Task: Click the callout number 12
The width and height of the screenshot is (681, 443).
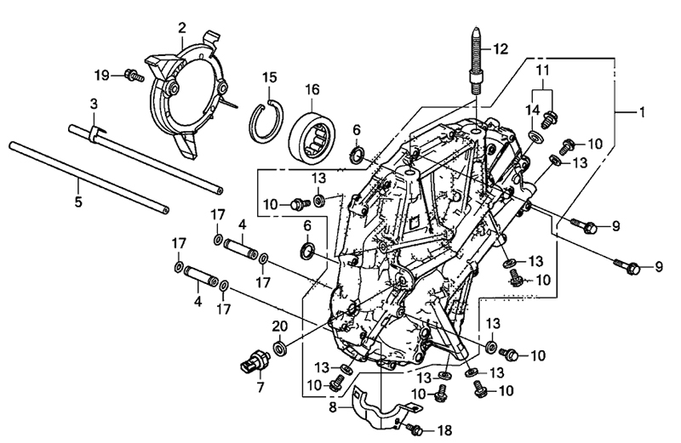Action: pyautogui.click(x=499, y=48)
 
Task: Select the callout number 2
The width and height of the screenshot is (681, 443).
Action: pyautogui.click(x=181, y=28)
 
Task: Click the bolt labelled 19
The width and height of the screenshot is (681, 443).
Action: pyautogui.click(x=133, y=75)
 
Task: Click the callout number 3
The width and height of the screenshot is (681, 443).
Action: pyautogui.click(x=94, y=103)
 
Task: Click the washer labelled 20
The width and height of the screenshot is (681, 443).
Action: pyautogui.click(x=280, y=349)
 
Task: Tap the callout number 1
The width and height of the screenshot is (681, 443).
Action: pyautogui.click(x=643, y=112)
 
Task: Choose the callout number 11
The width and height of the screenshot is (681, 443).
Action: pyautogui.click(x=542, y=67)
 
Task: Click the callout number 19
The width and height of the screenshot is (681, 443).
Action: pyautogui.click(x=102, y=76)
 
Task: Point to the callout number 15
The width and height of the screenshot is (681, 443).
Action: pyautogui.click(x=269, y=77)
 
